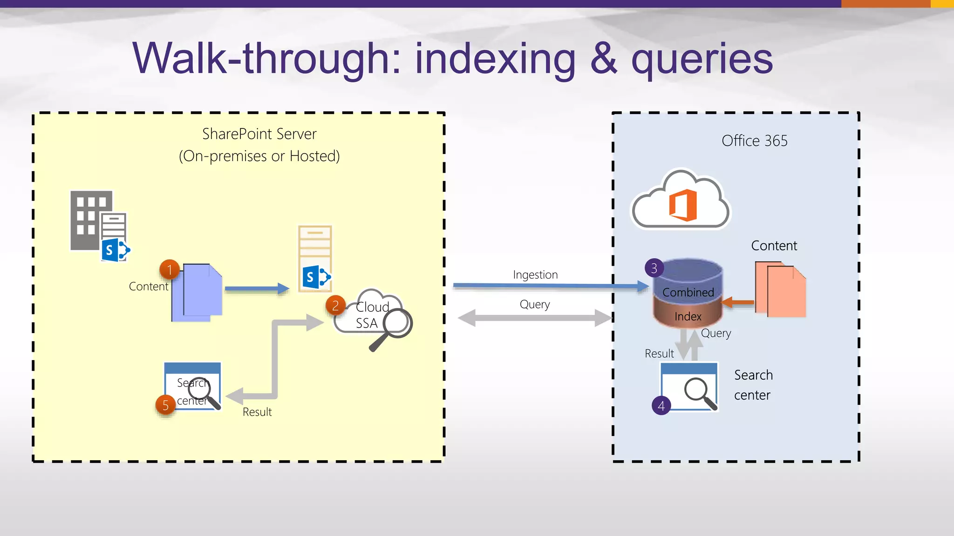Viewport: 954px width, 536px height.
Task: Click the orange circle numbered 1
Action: pos(170,270)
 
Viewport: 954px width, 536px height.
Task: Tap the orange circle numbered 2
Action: pos(335,306)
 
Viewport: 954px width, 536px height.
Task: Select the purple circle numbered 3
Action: pos(654,268)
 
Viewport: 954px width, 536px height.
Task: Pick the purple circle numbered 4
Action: pos(661,406)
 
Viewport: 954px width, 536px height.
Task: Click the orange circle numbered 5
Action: pos(165,405)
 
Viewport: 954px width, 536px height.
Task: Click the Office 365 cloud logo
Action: pos(681,201)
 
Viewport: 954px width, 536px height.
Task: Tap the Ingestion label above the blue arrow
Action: pos(535,275)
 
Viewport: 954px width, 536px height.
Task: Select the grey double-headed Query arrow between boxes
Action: pos(535,318)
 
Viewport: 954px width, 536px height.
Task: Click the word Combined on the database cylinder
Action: pos(688,292)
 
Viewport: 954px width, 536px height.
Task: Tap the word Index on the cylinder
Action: pos(688,316)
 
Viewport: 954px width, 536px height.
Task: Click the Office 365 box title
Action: pos(754,141)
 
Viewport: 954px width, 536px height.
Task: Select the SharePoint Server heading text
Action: pos(259,134)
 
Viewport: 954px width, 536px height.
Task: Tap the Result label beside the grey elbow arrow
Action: pos(257,412)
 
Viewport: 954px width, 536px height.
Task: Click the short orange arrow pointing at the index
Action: pos(738,302)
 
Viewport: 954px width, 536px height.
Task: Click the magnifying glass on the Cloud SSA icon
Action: pos(396,322)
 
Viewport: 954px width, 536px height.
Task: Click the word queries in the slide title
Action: pos(702,59)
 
